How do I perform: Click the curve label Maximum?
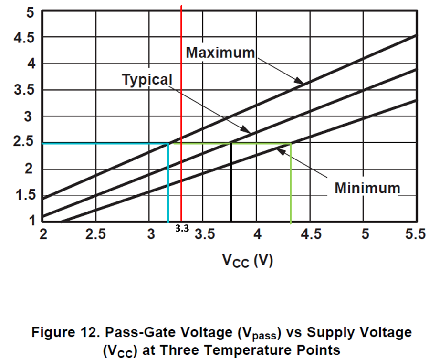(220, 53)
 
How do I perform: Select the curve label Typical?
(147, 80)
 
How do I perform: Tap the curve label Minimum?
(367, 188)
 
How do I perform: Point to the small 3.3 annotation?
(182, 228)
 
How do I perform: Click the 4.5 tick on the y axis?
(24, 37)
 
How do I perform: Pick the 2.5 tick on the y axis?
(23, 141)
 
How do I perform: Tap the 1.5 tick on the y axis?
(26, 195)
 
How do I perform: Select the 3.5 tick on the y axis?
(24, 89)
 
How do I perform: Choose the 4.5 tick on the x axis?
(311, 234)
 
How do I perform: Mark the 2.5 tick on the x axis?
(95, 234)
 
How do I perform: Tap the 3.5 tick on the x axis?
(205, 234)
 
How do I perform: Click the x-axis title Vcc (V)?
(247, 261)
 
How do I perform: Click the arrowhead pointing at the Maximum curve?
(299, 81)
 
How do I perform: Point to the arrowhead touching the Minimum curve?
(281, 151)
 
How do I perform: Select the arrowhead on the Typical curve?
(246, 130)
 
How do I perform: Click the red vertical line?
(181, 113)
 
